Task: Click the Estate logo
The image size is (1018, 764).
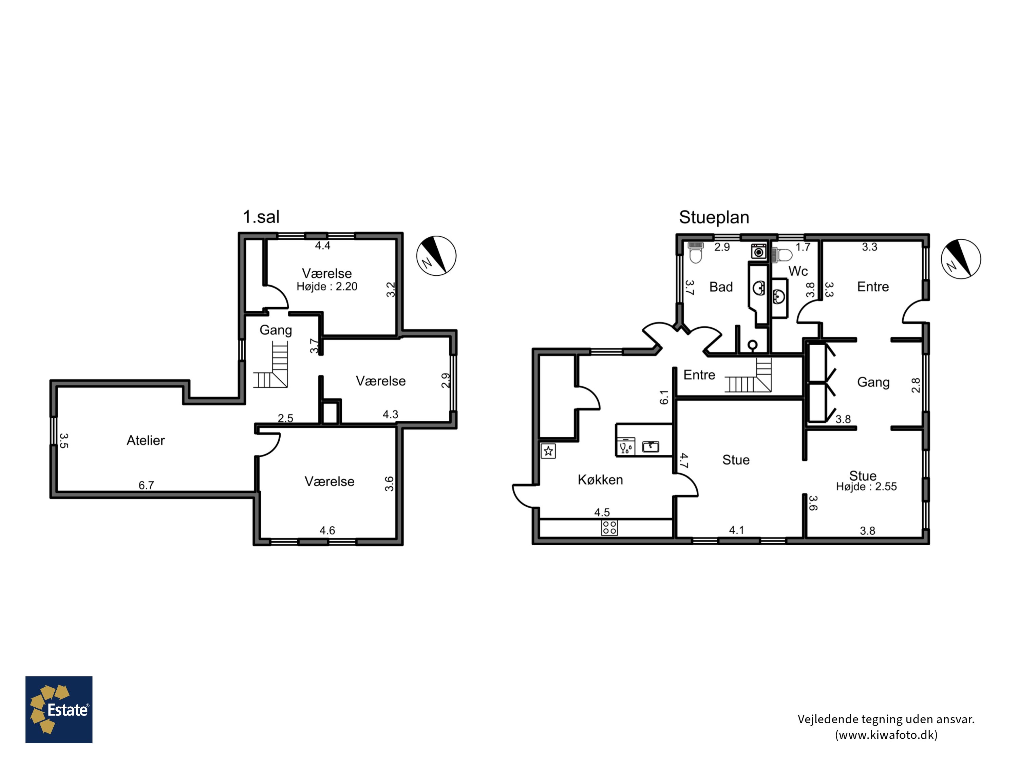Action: [x=59, y=710]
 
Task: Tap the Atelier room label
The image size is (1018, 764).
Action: [x=146, y=440]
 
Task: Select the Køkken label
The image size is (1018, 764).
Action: [x=600, y=480]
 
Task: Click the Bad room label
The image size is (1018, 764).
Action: [x=721, y=287]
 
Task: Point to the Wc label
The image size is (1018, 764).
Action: [x=798, y=271]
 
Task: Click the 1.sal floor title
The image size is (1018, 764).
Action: [x=261, y=217]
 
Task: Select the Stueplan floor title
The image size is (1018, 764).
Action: [x=714, y=217]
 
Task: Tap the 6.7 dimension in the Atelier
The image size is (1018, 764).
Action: [x=146, y=485]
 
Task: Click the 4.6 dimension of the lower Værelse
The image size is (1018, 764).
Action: [x=327, y=530]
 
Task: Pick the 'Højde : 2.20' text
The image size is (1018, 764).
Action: [x=327, y=287]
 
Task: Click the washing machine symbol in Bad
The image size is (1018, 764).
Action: [x=758, y=252]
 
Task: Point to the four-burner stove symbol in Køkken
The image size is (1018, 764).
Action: [x=609, y=528]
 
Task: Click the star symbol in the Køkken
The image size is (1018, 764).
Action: [x=548, y=451]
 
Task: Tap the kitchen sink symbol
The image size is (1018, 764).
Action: [x=650, y=446]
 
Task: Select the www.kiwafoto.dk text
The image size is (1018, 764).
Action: [x=886, y=734]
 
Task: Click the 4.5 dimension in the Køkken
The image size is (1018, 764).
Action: [x=602, y=512]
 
